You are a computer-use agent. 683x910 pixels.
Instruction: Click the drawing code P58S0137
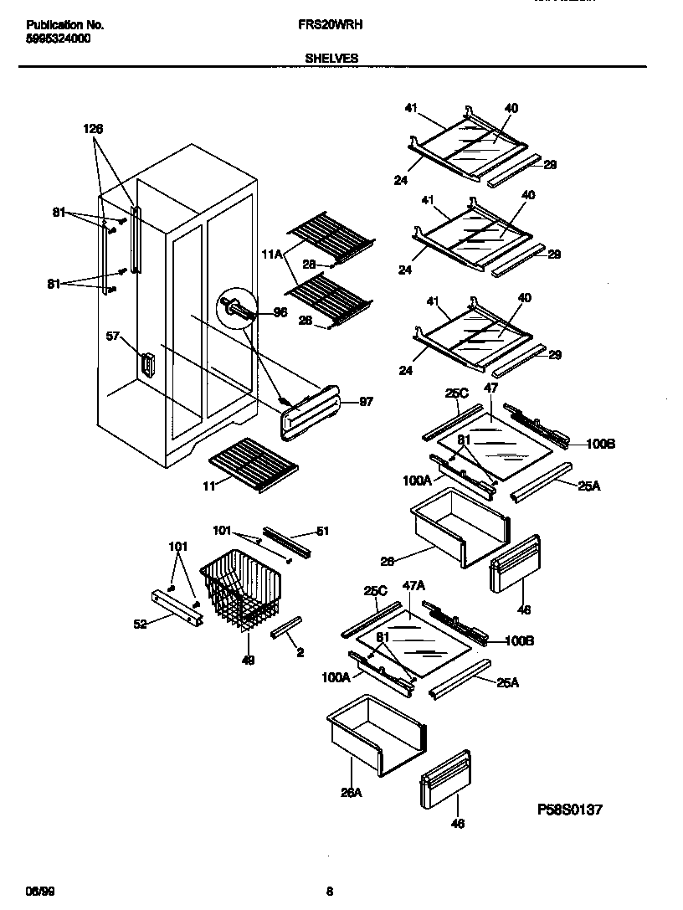point(570,810)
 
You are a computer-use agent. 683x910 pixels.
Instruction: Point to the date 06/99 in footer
point(33,890)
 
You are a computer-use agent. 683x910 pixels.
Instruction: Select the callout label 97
point(366,402)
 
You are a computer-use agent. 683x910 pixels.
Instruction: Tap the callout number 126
point(93,128)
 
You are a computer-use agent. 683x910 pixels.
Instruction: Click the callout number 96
point(280,314)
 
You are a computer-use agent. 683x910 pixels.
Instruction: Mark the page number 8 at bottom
point(329,890)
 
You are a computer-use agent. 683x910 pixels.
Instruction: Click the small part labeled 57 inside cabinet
point(148,366)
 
